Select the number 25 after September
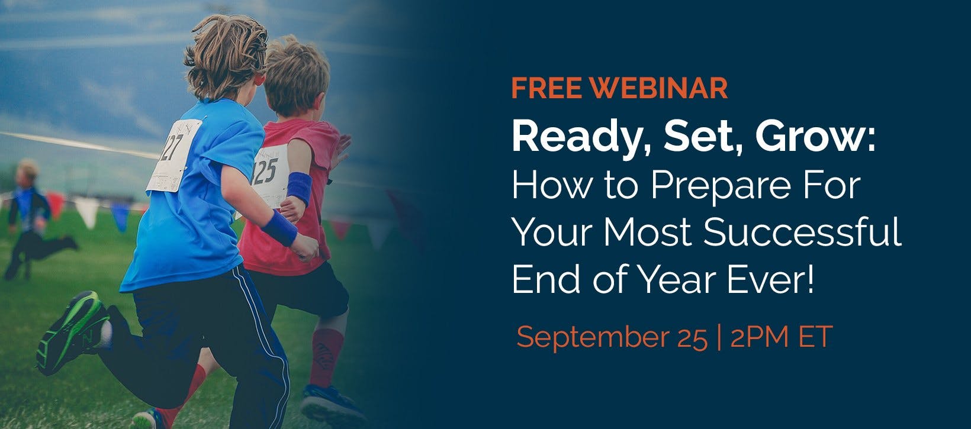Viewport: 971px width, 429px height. pyautogui.click(x=692, y=338)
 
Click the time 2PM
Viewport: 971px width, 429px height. pyautogui.click(x=759, y=337)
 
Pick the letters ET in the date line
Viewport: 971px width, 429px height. pyautogui.click(x=815, y=337)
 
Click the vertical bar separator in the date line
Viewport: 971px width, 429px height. pyautogui.click(x=719, y=337)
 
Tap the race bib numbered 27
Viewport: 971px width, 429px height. pyautogui.click(x=174, y=155)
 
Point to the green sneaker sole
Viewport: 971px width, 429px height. pyautogui.click(x=72, y=331)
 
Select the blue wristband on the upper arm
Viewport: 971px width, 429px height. pyautogui.click(x=299, y=188)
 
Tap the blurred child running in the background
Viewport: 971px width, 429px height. pyautogui.click(x=33, y=220)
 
